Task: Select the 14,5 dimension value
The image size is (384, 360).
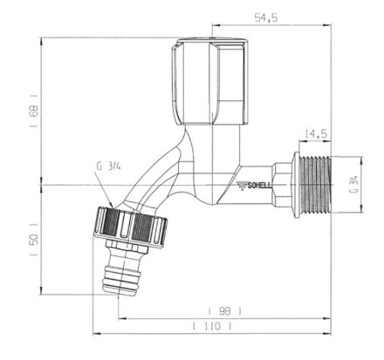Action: click(x=315, y=133)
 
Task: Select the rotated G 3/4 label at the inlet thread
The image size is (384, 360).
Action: click(x=353, y=185)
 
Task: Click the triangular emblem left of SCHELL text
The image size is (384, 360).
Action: click(x=242, y=185)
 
